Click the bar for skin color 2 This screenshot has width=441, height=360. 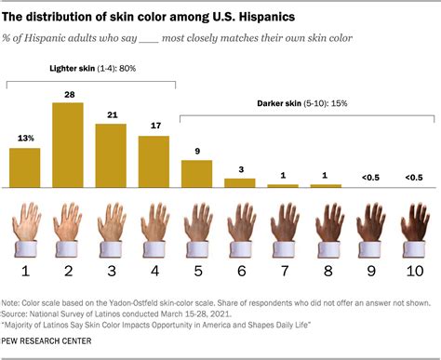pyautogui.click(x=68, y=145)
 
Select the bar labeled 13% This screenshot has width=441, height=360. pyautogui.click(x=25, y=167)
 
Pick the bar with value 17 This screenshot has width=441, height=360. pyautogui.click(x=154, y=162)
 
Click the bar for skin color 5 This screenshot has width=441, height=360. pyautogui.click(x=196, y=174)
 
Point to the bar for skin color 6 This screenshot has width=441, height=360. pyautogui.click(x=239, y=182)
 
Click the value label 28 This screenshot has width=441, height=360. pyautogui.click(x=68, y=94)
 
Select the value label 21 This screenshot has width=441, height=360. pyautogui.click(x=111, y=115)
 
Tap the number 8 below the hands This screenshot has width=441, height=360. pyautogui.click(x=325, y=272)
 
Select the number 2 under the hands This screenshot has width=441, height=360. pyautogui.click(x=68, y=272)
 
